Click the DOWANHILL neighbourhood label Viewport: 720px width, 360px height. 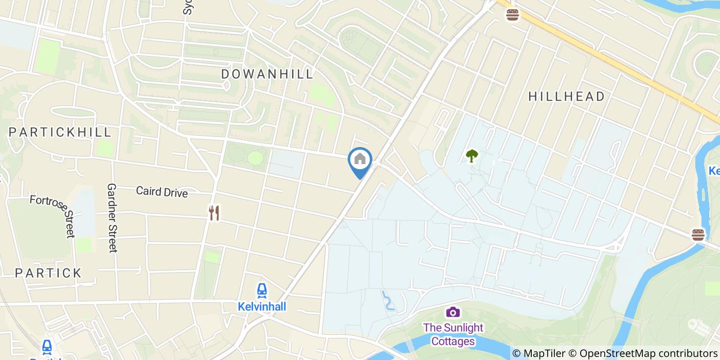click(x=267, y=74)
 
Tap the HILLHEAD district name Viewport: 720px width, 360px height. click(x=566, y=96)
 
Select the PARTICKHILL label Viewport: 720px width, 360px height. click(x=60, y=132)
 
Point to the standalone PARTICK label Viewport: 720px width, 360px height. click(x=48, y=273)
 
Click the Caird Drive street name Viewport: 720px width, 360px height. click(x=161, y=192)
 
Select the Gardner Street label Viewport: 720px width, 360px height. click(x=112, y=218)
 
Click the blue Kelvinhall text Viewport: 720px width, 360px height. click(x=262, y=307)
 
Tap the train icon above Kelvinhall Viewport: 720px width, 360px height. click(x=262, y=291)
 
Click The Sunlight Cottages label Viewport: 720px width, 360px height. click(x=453, y=334)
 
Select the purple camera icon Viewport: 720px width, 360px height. click(x=453, y=312)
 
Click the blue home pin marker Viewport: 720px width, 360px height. click(x=360, y=160)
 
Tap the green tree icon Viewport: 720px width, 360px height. click(x=471, y=155)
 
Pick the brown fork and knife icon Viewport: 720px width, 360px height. click(x=214, y=212)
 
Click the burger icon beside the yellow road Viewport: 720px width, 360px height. click(x=512, y=14)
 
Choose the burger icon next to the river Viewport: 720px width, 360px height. click(x=698, y=235)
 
